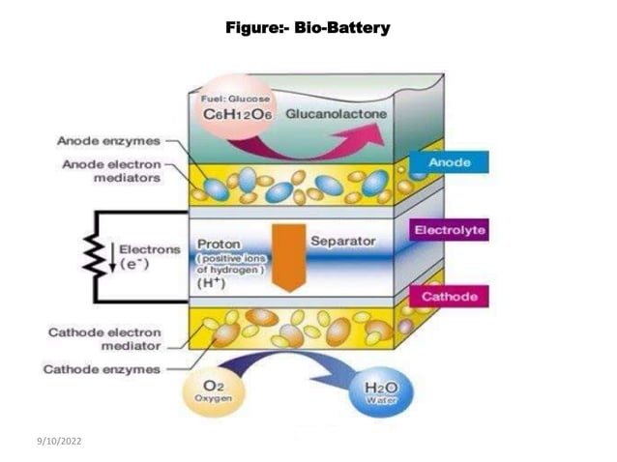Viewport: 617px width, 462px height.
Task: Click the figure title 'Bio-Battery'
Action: click(308, 27)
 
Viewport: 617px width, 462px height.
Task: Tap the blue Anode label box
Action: click(449, 162)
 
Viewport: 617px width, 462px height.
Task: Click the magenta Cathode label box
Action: click(449, 296)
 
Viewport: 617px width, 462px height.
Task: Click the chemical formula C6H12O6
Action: click(237, 114)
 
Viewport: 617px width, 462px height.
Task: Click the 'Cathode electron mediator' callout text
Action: click(103, 338)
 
